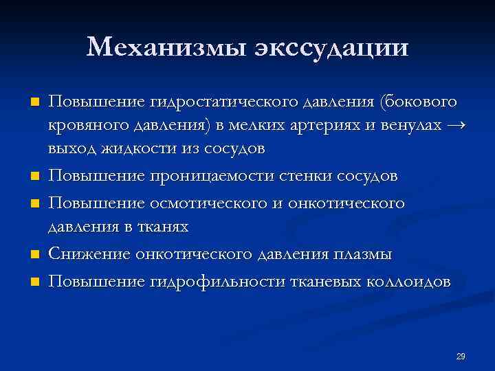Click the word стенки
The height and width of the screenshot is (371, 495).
pos(305,176)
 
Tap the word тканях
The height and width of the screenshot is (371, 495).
pos(160,226)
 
